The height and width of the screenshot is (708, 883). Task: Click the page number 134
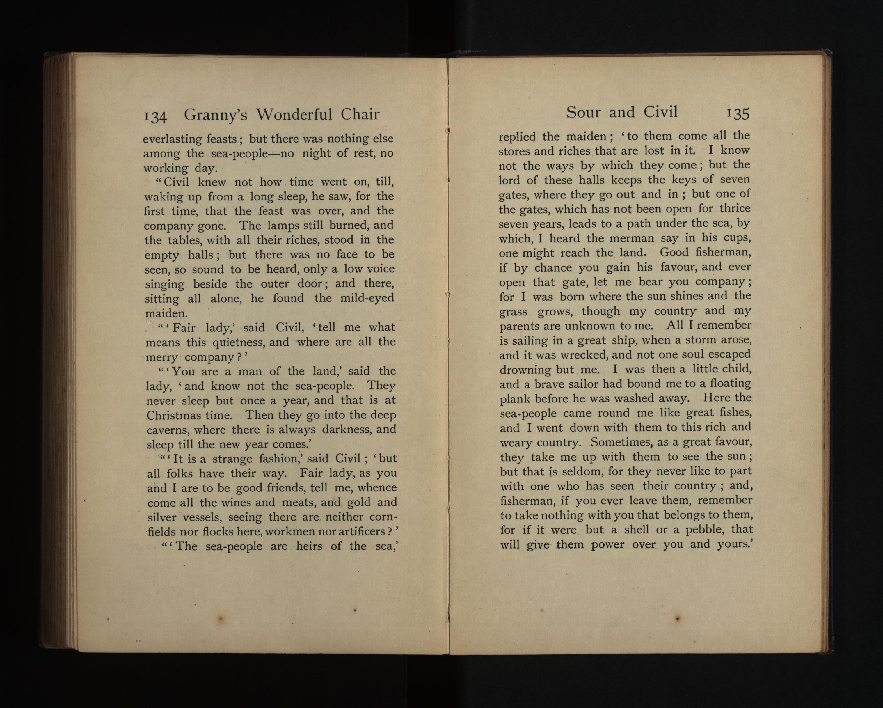pos(155,117)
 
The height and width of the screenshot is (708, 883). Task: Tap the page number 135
pos(738,113)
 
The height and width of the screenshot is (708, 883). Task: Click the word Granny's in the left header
pos(215,115)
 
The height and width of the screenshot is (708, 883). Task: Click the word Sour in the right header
pos(583,112)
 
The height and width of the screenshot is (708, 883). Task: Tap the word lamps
pos(283,225)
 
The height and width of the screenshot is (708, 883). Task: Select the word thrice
pos(735,209)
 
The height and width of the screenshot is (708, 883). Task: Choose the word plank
pos(514,399)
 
